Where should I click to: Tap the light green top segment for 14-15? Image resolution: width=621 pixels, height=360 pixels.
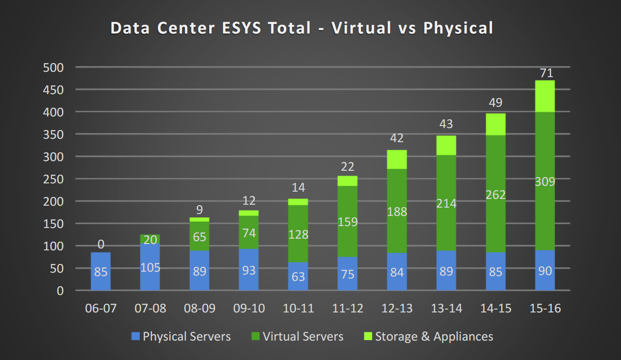tap(495, 124)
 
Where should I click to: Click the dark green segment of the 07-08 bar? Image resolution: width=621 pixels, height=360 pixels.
tap(150, 240)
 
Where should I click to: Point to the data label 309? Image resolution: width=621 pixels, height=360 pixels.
tap(545, 182)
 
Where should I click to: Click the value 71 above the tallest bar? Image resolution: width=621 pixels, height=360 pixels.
tap(545, 73)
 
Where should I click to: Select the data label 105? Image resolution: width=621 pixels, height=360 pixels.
tap(150, 268)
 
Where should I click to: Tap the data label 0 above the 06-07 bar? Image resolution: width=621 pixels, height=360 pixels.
tap(101, 244)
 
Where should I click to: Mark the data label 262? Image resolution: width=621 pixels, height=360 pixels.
tap(495, 195)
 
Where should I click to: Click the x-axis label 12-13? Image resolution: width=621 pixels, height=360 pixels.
tap(397, 309)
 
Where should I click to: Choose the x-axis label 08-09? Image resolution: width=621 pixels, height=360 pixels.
tap(199, 309)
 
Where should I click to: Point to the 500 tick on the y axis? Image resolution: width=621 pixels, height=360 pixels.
tap(53, 67)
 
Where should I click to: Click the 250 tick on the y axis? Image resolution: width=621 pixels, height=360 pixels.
tap(53, 179)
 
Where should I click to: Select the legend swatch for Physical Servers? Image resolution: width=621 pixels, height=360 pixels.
tap(135, 336)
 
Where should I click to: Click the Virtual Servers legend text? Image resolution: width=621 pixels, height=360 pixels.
tap(303, 336)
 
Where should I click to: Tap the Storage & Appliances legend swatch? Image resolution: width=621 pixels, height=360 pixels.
tap(368, 336)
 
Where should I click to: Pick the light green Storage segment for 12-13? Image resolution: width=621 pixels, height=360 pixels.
tap(397, 159)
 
